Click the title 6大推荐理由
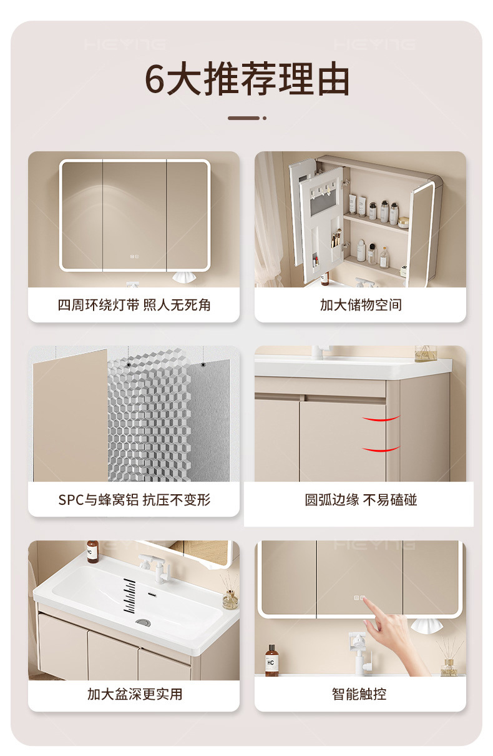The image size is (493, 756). coord(247,79)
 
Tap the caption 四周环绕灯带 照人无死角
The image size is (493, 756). coord(134,305)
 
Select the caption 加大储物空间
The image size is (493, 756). coord(361,305)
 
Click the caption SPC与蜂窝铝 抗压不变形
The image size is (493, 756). coord(134,500)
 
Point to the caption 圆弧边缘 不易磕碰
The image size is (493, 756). coord(361,500)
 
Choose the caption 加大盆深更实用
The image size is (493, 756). coord(135,694)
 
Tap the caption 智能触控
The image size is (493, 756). coord(359,694)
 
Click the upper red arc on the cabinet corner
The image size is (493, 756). coord(381,419)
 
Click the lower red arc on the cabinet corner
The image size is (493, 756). coord(381,449)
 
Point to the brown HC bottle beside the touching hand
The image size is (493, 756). coord(271,661)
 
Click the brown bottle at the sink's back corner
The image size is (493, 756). coord(92,552)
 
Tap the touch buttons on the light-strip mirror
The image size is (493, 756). coord(134,257)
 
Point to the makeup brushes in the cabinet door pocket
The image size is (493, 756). coord(336,239)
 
